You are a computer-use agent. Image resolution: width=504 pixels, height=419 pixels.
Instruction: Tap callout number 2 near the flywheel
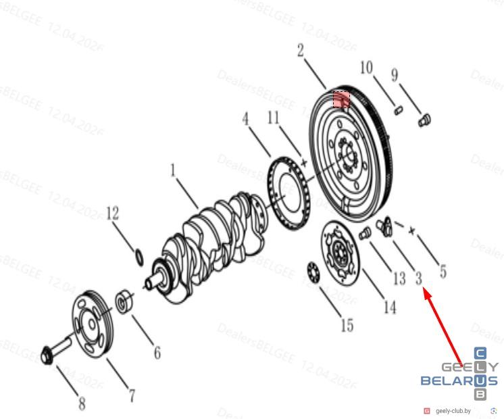(x=300, y=51)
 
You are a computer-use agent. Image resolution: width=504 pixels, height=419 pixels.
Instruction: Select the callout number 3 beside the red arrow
(x=418, y=278)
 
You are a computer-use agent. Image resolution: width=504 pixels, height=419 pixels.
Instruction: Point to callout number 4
(x=246, y=119)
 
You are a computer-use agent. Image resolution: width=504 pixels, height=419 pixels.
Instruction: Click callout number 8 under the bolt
(x=82, y=403)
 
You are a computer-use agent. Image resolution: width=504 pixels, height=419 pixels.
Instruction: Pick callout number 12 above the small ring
(x=113, y=214)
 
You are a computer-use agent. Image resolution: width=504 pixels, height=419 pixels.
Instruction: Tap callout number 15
(x=347, y=325)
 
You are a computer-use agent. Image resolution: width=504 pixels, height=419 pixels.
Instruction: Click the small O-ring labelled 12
(x=139, y=257)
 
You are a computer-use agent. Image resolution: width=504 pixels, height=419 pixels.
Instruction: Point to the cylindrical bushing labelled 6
(x=125, y=300)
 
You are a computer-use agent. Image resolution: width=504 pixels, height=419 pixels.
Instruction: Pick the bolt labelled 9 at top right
(x=424, y=120)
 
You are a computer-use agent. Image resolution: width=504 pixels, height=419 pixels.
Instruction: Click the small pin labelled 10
(x=398, y=109)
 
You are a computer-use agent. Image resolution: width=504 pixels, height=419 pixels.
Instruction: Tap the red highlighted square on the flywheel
(x=341, y=99)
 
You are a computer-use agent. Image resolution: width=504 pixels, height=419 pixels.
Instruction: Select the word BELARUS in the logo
(x=459, y=381)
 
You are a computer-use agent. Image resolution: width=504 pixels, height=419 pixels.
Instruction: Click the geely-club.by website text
(x=453, y=411)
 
